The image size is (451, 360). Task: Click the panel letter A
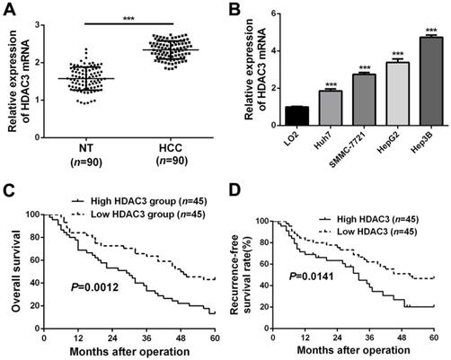pyautogui.click(x=8, y=10)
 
